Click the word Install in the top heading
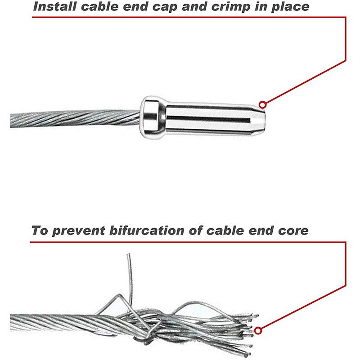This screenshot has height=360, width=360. pyautogui.click(x=54, y=6)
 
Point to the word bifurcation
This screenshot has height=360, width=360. pyautogui.click(x=147, y=230)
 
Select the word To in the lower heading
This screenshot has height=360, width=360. pyautogui.click(x=40, y=230)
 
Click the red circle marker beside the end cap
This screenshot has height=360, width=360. pyautogui.click(x=263, y=105)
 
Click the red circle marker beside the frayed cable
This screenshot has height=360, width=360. pyautogui.click(x=258, y=331)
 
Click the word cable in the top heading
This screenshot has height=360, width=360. pyautogui.click(x=99, y=6)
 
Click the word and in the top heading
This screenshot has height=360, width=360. pyautogui.click(x=194, y=6)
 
